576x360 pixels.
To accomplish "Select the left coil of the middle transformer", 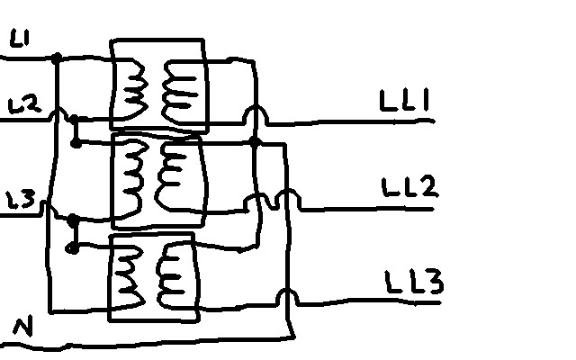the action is (x=134, y=176).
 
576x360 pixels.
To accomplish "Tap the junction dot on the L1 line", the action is (x=57, y=58).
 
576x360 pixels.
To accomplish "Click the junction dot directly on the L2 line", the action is (x=75, y=119).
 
